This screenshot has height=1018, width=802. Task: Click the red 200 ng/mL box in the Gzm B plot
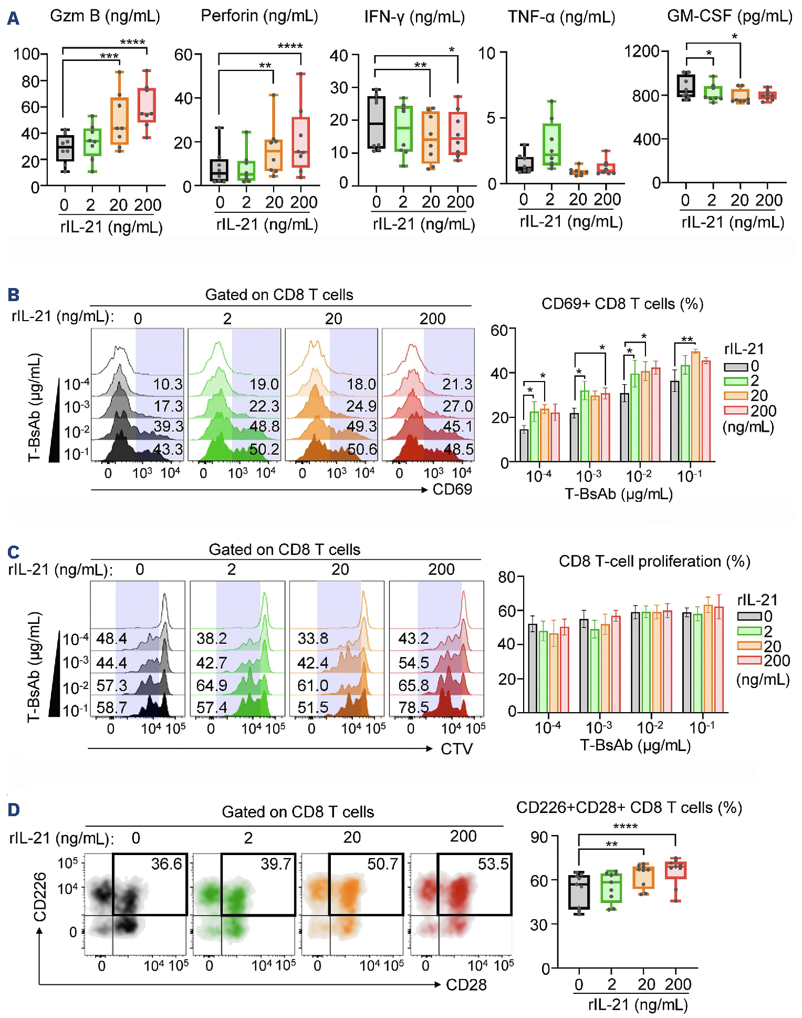click(x=147, y=105)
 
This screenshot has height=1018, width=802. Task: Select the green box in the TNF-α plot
click(x=551, y=145)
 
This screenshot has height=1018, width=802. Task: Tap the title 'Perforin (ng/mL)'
click(x=259, y=16)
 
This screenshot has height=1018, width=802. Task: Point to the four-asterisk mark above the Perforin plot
click(x=290, y=46)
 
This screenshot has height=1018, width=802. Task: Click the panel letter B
click(x=14, y=294)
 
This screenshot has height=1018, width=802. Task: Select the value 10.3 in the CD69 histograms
click(x=168, y=384)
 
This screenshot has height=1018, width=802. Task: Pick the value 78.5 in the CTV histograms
click(x=413, y=707)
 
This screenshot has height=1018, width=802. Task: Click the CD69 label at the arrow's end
click(x=452, y=489)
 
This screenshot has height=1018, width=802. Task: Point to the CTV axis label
click(x=456, y=748)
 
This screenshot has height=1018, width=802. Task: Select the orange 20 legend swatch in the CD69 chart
click(x=735, y=396)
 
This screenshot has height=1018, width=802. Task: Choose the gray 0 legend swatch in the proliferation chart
click(x=749, y=616)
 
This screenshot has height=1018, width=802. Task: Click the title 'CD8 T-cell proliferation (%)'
click(x=654, y=561)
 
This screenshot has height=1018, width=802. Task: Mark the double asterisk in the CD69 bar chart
click(x=686, y=340)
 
